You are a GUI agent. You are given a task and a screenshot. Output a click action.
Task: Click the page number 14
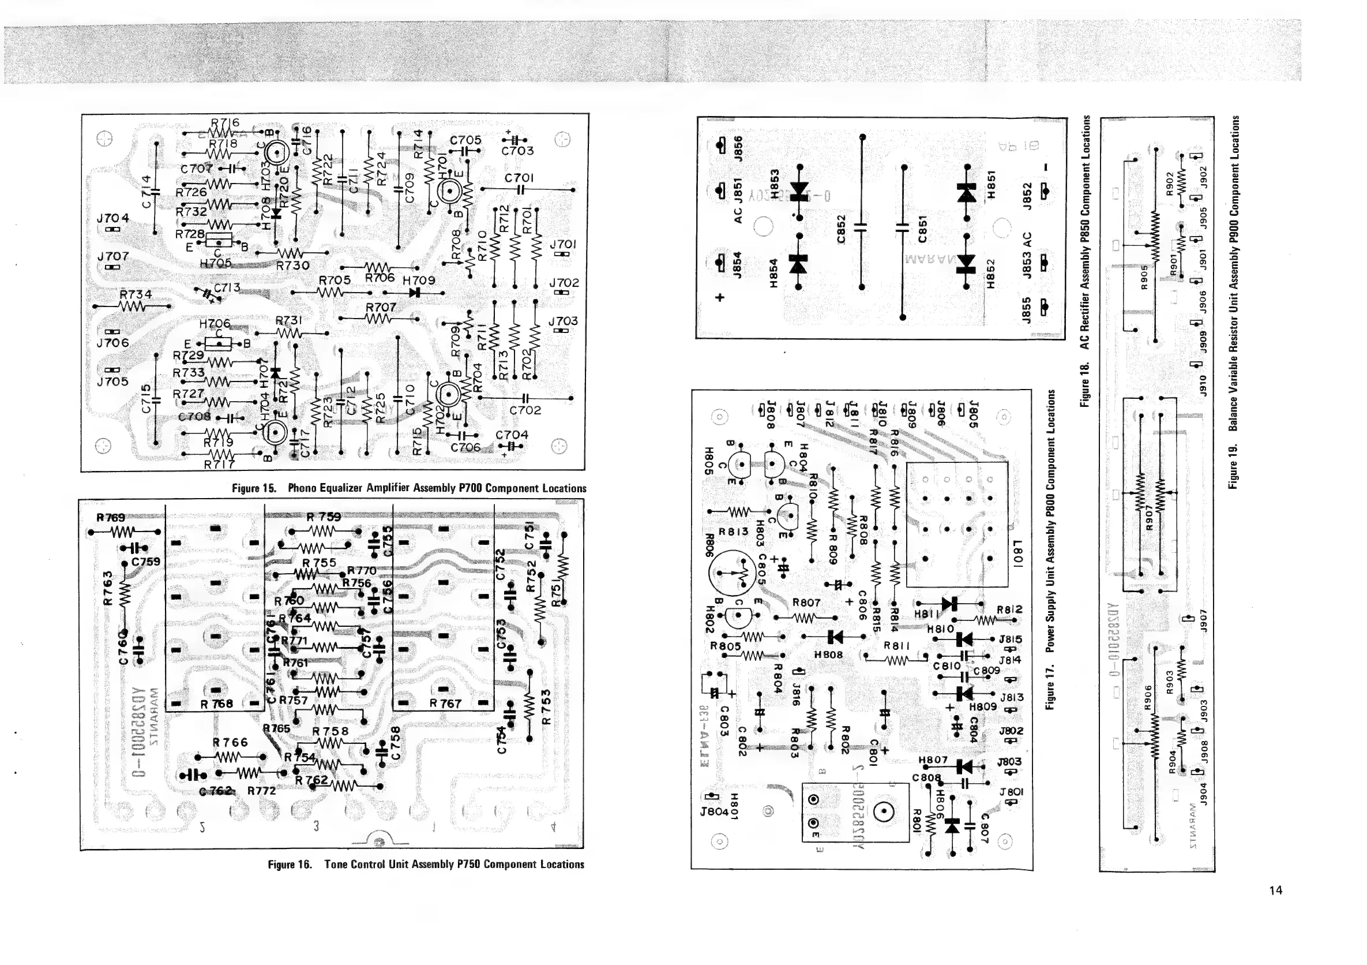(x=1275, y=891)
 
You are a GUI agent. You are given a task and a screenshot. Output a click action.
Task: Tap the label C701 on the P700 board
(x=519, y=178)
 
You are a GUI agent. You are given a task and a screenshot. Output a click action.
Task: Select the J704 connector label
(x=112, y=219)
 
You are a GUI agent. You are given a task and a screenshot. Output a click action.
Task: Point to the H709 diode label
(x=419, y=280)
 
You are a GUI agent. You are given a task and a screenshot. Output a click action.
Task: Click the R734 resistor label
(x=136, y=294)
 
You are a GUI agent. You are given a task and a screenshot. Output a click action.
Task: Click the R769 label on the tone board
(x=111, y=518)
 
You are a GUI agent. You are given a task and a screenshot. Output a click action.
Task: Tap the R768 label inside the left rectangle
(x=217, y=704)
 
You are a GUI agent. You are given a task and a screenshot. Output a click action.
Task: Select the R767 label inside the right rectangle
(x=445, y=704)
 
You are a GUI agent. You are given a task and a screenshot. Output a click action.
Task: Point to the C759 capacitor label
(x=146, y=561)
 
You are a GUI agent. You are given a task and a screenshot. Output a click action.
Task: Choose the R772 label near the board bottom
(x=262, y=791)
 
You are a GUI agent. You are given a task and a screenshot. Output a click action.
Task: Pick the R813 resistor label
(x=733, y=532)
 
